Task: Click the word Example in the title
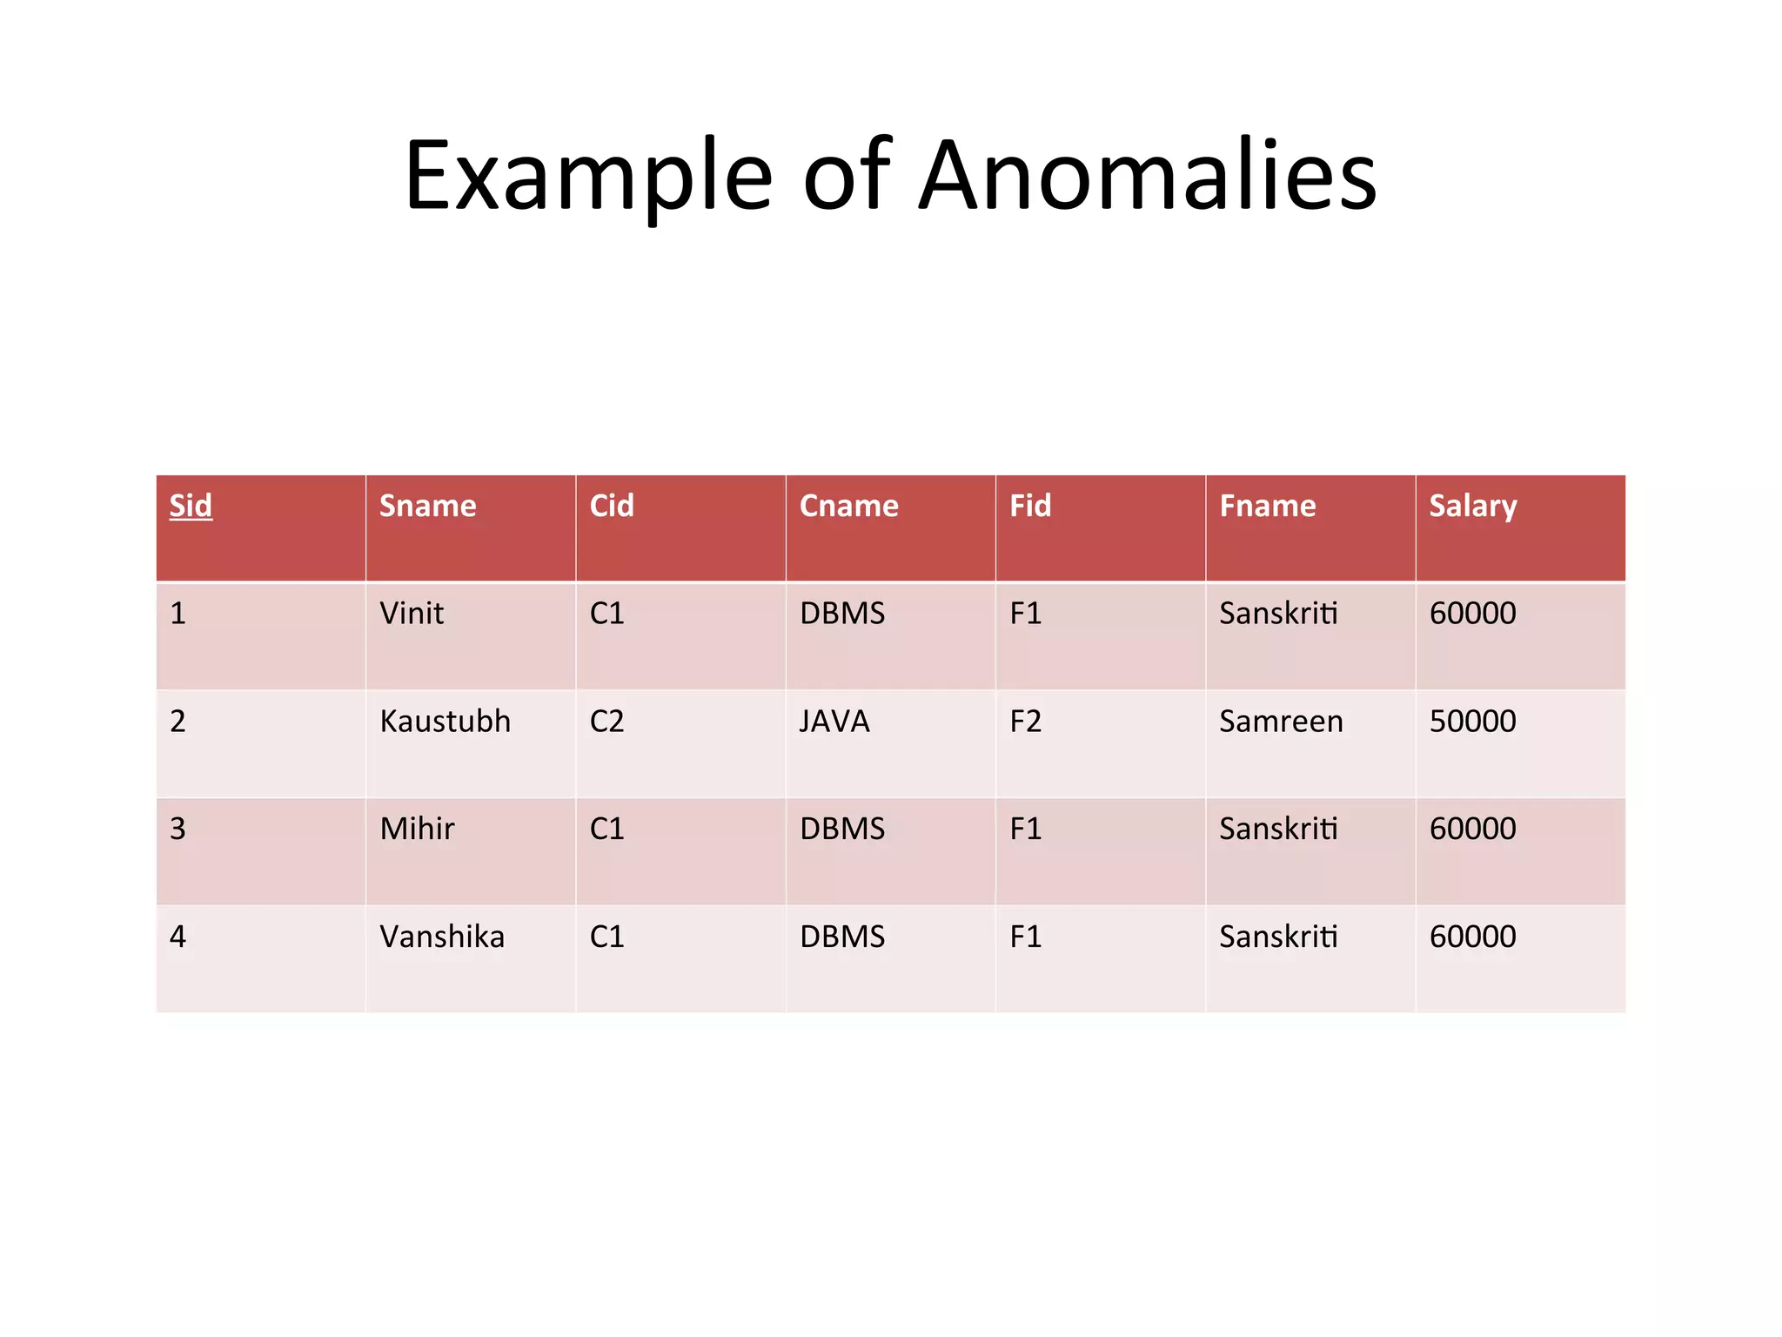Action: click(588, 177)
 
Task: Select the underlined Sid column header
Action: click(191, 506)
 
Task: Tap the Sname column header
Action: click(427, 506)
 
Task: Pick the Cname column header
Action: click(848, 506)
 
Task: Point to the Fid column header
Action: click(1030, 506)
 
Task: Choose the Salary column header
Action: click(1472, 507)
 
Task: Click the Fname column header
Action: click(1268, 506)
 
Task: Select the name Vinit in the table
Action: click(412, 614)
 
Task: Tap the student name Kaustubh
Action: click(445, 722)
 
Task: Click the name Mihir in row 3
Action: click(417, 829)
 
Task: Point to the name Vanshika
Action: click(442, 937)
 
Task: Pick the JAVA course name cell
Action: click(834, 722)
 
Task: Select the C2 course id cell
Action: click(606, 722)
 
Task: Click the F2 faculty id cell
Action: click(1025, 722)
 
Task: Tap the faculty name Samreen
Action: click(1281, 722)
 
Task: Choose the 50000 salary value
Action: click(1472, 722)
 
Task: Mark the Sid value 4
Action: click(178, 937)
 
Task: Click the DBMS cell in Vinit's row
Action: click(841, 614)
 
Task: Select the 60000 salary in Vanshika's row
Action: click(1472, 937)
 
